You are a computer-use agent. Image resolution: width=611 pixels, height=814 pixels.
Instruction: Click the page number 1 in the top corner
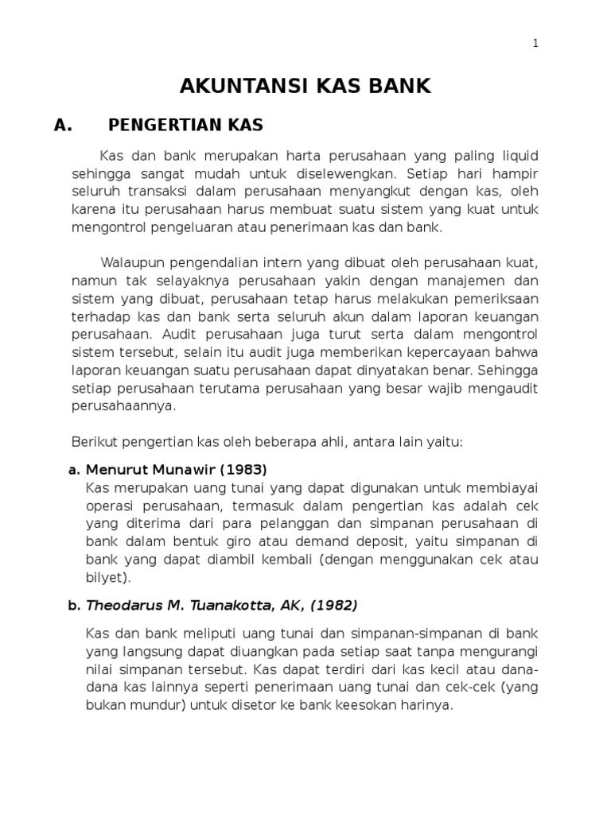pos(535,45)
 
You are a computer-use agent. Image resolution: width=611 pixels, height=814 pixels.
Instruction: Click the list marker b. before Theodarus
pos(74,606)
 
